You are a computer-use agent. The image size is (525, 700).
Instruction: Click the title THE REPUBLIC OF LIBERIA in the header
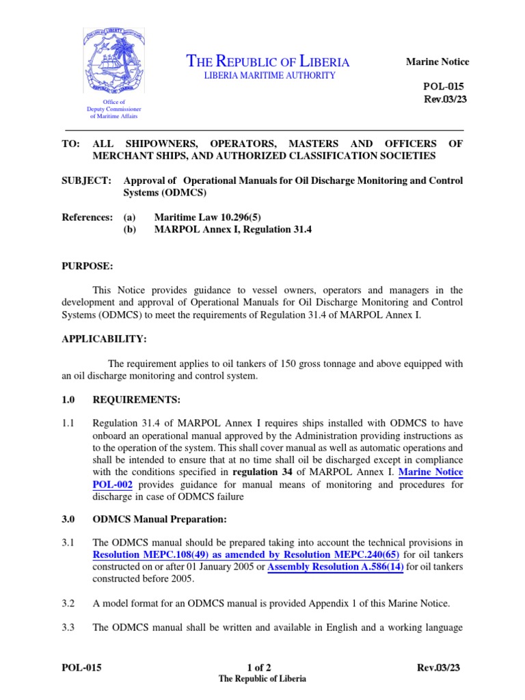coord(268,62)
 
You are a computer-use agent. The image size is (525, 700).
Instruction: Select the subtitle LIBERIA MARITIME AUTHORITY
coord(270,75)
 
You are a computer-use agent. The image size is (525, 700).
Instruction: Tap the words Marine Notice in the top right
coord(437,62)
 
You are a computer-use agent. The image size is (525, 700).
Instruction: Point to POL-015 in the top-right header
coord(447,87)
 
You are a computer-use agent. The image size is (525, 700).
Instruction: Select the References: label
coord(87,217)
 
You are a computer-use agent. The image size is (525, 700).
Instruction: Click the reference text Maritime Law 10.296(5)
coord(208,217)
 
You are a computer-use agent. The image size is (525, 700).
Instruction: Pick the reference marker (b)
coord(130,230)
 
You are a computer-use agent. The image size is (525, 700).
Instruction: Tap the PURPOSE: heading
coord(87,265)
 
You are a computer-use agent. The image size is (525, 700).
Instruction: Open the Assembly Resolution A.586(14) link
coord(335,567)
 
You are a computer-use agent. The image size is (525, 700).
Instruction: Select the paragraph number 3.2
coord(68,603)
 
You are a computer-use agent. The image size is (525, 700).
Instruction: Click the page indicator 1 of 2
coord(261,668)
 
